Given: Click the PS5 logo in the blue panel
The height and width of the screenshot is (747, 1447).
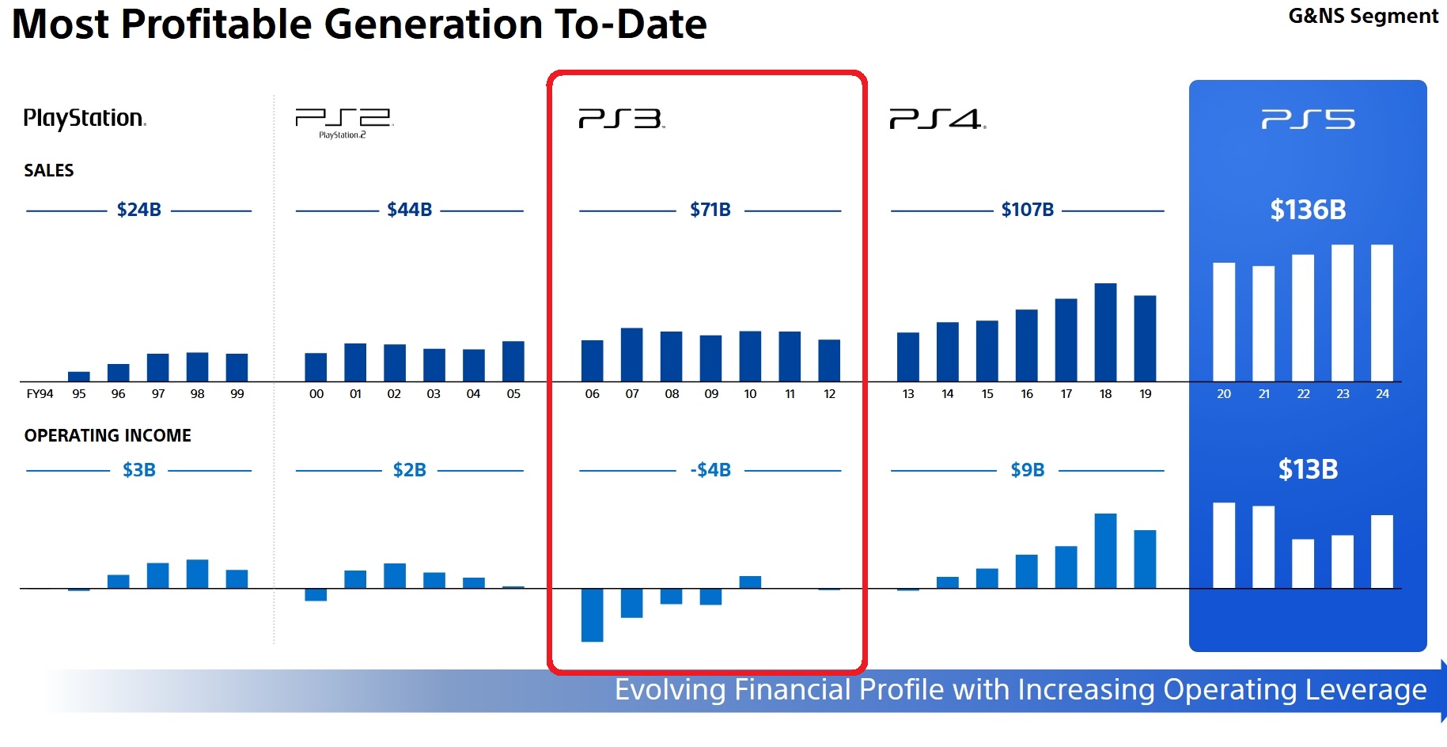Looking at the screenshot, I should pyautogui.click(x=1308, y=119).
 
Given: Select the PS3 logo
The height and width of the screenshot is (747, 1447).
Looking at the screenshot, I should pyautogui.click(x=621, y=119).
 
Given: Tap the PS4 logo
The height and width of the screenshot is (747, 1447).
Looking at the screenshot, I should pyautogui.click(x=937, y=119).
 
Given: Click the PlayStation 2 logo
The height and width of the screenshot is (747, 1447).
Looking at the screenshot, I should pyautogui.click(x=343, y=121).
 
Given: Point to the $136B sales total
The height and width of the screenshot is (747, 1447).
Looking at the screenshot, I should pyautogui.click(x=1308, y=210).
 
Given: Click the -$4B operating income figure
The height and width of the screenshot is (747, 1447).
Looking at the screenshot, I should pyautogui.click(x=710, y=470).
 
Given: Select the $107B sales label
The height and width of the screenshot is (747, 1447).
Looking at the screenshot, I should pyautogui.click(x=1027, y=210).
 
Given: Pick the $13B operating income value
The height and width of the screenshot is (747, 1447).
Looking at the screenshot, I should pyautogui.click(x=1308, y=469).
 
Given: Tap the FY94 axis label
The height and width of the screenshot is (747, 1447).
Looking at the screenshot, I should pyautogui.click(x=40, y=394).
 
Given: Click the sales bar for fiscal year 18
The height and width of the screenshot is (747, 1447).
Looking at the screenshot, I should pyautogui.click(x=1105, y=332).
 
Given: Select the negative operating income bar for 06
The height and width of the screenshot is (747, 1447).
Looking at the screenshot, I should pyautogui.click(x=592, y=615).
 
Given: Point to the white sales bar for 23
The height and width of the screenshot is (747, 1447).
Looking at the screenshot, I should pyautogui.click(x=1342, y=313).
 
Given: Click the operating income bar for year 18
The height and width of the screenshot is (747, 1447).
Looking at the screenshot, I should pyautogui.click(x=1105, y=551).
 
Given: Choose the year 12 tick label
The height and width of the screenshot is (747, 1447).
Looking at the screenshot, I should pyautogui.click(x=829, y=394).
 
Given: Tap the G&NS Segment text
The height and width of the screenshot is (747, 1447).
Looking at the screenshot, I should pyautogui.click(x=1362, y=17).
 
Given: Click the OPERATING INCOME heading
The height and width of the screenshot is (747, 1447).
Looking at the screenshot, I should pyautogui.click(x=108, y=435).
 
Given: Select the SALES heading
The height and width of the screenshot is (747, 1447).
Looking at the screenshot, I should pyautogui.click(x=48, y=170).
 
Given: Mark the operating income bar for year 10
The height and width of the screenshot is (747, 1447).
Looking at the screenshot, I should pyautogui.click(x=750, y=582).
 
